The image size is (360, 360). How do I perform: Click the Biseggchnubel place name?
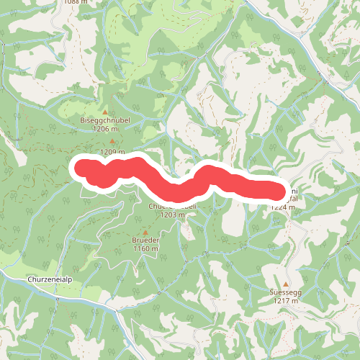coord(105,120)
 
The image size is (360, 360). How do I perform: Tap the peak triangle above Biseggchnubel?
coord(105,112)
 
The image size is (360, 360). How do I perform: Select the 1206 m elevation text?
coord(105,128)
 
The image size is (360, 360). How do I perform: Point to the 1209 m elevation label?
coord(112,152)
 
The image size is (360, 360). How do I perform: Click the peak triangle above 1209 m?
coord(112,142)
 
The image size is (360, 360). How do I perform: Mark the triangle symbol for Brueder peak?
coord(145,233)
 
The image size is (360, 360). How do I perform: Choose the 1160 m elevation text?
coord(145,249)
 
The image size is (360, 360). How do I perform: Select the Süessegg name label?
coord(285,294)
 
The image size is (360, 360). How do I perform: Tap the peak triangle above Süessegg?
coord(285,284)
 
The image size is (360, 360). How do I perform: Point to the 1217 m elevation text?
coord(285,302)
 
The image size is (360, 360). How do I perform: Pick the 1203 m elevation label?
coord(173,215)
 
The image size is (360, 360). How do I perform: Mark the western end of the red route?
coord(81,168)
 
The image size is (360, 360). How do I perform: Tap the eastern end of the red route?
coord(278,191)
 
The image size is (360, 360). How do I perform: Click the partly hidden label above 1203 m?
coord(173,206)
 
